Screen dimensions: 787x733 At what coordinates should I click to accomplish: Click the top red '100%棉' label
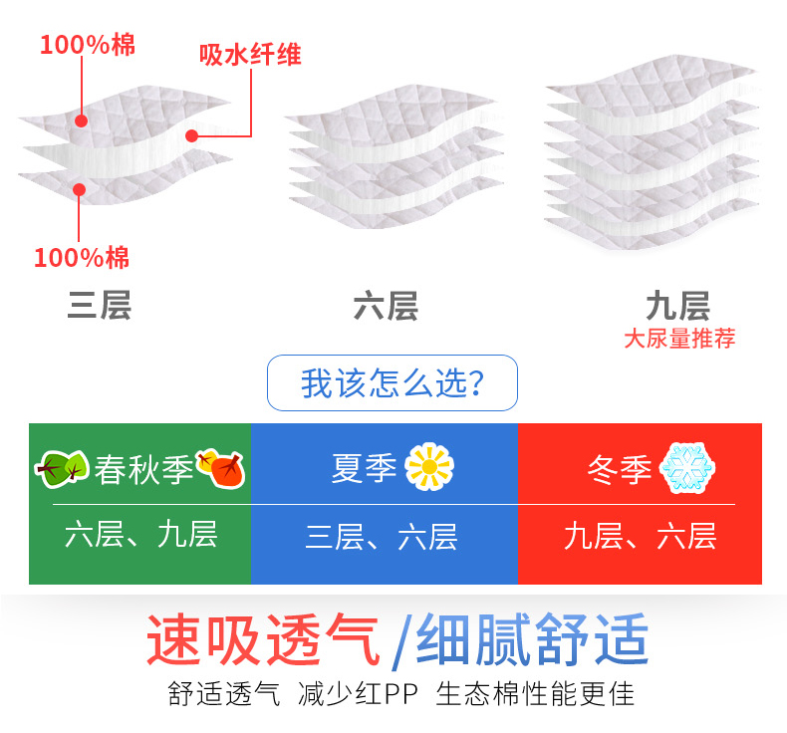point(87,45)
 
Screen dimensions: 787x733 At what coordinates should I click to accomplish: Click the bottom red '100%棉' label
point(82,259)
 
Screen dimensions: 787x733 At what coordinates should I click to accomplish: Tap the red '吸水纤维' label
point(249,54)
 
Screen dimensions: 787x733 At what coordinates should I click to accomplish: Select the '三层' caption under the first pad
point(99,306)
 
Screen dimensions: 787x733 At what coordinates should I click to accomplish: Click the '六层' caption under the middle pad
point(386,306)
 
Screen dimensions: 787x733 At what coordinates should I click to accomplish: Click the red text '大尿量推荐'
point(679,339)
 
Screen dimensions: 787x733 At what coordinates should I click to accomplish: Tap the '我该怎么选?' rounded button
point(393,382)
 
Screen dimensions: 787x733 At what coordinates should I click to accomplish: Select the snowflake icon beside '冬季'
point(688,467)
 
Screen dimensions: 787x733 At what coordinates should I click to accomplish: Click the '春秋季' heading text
point(143,468)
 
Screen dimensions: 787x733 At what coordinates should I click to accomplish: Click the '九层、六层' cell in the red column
point(640,537)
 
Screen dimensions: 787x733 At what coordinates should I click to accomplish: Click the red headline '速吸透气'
point(263,639)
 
